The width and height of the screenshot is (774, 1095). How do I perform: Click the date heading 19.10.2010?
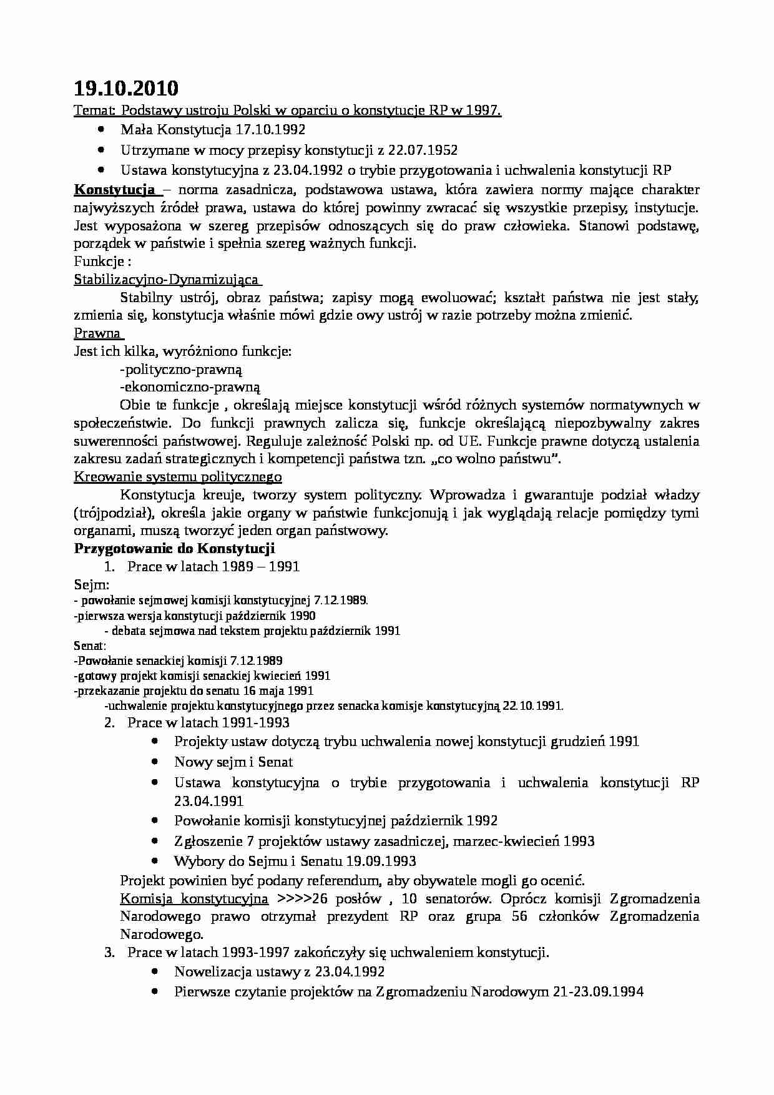coord(125,87)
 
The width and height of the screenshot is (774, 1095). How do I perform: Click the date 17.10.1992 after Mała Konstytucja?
coord(270,130)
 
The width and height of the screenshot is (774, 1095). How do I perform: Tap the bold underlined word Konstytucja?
coord(115,190)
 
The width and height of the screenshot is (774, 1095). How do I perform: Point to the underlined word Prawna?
coord(97,333)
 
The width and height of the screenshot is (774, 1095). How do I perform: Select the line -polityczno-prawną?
coord(181,369)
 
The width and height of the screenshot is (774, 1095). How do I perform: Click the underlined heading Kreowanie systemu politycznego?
coord(178,477)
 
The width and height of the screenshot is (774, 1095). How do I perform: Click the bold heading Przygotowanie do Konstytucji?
coord(175,549)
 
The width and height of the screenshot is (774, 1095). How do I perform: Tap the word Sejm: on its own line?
coord(92,585)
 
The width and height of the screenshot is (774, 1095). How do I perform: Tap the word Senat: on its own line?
coord(90,646)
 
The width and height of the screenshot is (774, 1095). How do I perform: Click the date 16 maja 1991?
coord(281,690)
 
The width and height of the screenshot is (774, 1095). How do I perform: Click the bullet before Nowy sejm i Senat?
coord(155,762)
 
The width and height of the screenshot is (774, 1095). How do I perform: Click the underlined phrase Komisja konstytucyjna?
coord(194,898)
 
